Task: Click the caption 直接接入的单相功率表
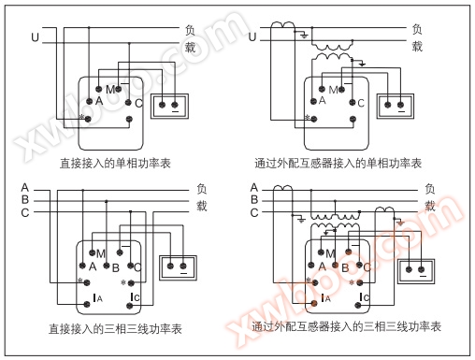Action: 115,164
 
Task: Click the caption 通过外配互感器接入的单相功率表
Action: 338,164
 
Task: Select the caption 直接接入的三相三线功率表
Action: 115,329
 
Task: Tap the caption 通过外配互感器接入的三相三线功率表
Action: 346,326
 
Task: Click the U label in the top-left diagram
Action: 35,37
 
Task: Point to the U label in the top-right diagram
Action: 252,37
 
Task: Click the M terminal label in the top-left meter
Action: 110,90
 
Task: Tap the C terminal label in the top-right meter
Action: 361,103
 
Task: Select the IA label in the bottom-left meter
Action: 97,298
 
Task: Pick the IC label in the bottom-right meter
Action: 365,297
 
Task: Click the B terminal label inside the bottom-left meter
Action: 116,268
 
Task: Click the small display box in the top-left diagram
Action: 169,107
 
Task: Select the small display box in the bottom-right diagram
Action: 416,271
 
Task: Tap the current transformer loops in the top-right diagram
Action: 282,25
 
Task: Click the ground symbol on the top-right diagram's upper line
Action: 304,36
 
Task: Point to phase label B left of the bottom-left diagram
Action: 25,200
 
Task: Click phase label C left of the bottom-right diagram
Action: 254,213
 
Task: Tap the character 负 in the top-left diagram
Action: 190,30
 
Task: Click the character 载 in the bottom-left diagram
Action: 201,206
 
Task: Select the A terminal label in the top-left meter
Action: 99,101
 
